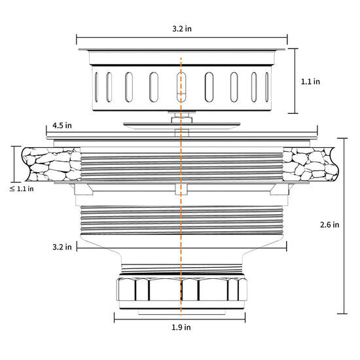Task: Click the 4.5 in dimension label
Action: pyautogui.click(x=62, y=126)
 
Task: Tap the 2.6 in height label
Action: pyautogui.click(x=329, y=225)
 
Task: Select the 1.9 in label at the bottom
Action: pyautogui.click(x=181, y=327)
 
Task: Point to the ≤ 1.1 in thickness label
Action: pyautogui.click(x=22, y=189)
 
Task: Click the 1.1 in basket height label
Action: pyautogui.click(x=310, y=82)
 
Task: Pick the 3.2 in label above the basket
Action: pyautogui.click(x=182, y=29)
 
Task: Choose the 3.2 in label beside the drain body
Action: pyautogui.click(x=62, y=247)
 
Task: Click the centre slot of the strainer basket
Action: pyautogui.click(x=181, y=87)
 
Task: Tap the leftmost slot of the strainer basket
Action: pyautogui.click(x=96, y=87)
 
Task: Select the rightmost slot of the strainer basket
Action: pyautogui.click(x=266, y=87)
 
